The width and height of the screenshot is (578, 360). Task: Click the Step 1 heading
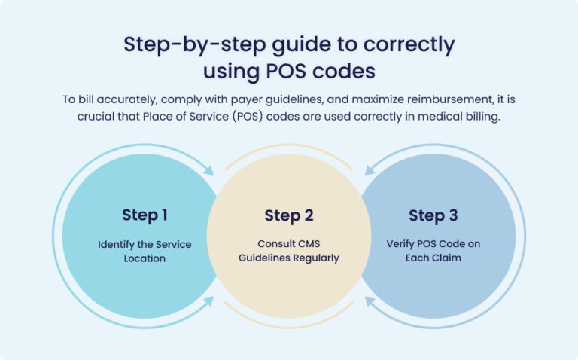(144, 215)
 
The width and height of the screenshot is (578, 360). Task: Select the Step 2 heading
(288, 216)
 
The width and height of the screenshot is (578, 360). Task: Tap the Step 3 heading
(433, 216)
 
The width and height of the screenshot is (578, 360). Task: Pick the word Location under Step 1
(144, 258)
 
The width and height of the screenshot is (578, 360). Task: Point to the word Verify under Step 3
(401, 244)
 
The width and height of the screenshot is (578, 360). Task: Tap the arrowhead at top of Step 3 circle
(368, 172)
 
